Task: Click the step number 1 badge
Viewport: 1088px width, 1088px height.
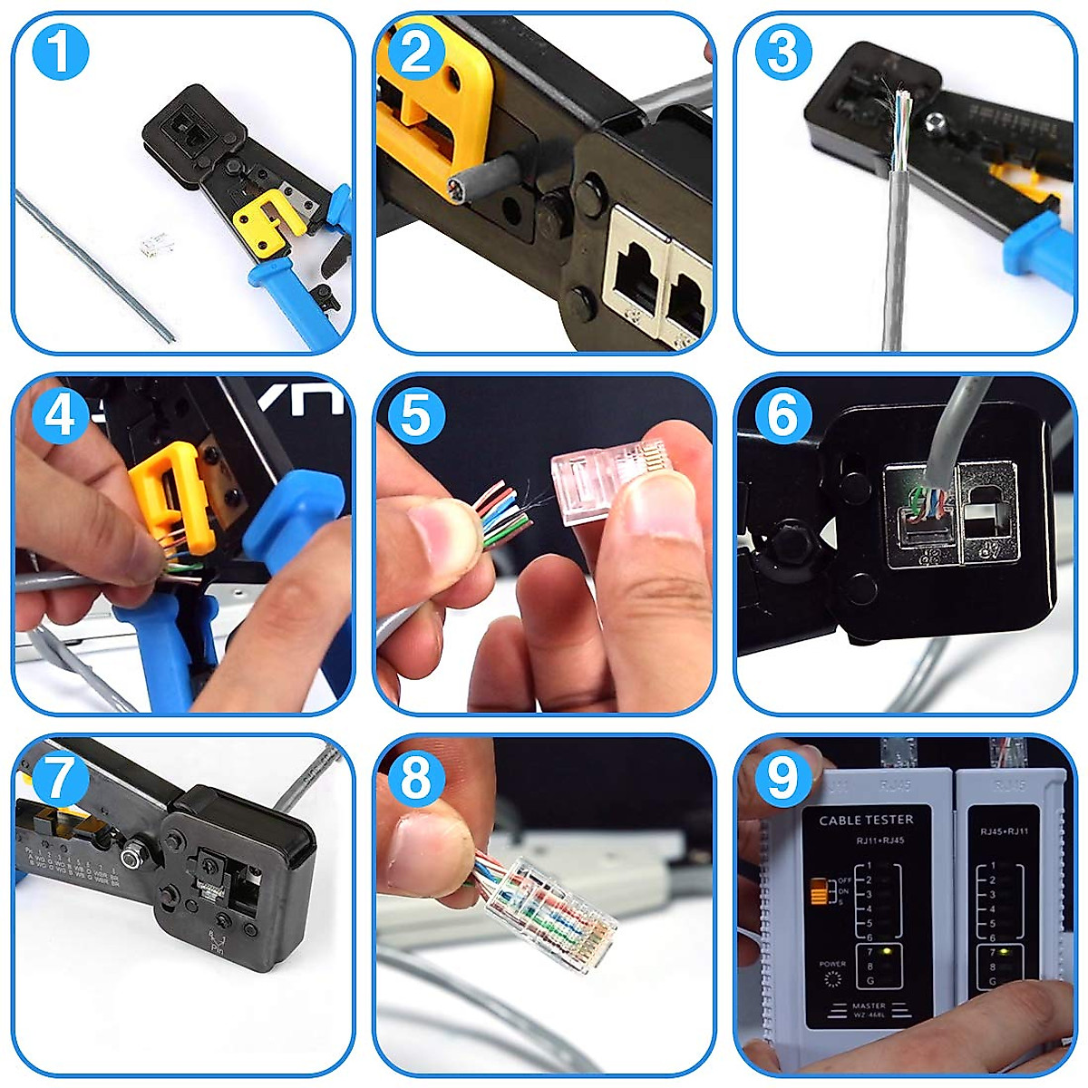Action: (x=60, y=52)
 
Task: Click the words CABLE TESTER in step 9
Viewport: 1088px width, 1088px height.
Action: (x=866, y=820)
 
